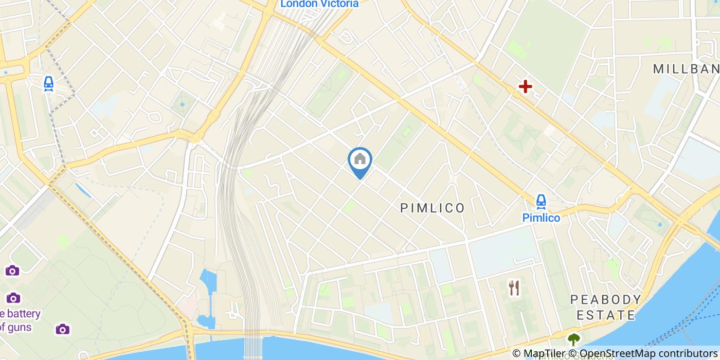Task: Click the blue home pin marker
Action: [360, 160]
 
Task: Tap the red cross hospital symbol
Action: [525, 86]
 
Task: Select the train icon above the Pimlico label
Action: [541, 201]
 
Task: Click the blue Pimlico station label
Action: [541, 218]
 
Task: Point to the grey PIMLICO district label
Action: [433, 208]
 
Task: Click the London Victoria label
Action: [319, 4]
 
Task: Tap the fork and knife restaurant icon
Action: [514, 288]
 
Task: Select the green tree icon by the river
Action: [573, 339]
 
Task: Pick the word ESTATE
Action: [606, 315]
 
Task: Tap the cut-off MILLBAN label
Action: [686, 69]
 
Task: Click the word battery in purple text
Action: [24, 314]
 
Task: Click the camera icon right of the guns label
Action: [62, 329]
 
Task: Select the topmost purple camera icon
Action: [12, 271]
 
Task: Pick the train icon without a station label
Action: [48, 83]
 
